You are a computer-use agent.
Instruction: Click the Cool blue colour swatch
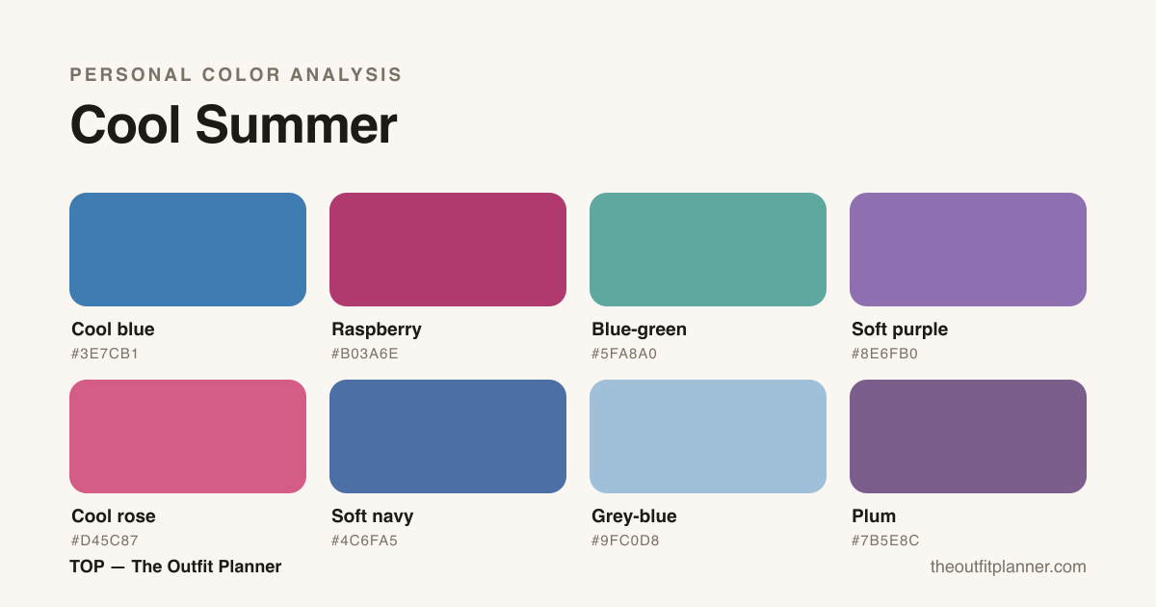[188, 250]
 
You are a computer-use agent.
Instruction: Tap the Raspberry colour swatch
[448, 250]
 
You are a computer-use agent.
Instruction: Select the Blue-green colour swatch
[708, 250]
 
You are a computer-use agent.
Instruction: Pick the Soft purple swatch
[968, 250]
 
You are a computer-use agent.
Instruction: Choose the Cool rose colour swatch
[188, 436]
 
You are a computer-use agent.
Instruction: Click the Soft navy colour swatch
[448, 436]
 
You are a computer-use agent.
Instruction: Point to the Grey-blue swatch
[708, 436]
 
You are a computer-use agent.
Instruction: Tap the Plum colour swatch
[968, 436]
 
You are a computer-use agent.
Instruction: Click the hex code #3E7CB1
[105, 354]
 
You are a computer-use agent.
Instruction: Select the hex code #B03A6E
[365, 354]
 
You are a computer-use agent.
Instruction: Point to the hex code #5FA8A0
[624, 354]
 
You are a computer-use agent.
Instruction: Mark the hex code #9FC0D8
[625, 541]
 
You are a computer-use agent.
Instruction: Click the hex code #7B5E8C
[885, 541]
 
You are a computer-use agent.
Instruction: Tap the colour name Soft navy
[373, 516]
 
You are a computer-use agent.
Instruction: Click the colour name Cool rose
[114, 515]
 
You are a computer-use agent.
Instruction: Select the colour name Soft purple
[900, 330]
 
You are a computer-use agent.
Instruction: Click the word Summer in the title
[297, 125]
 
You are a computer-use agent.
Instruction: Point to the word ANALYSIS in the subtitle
[346, 75]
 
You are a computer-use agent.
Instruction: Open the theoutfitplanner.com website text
[1009, 567]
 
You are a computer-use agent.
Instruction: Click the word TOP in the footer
[88, 567]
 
